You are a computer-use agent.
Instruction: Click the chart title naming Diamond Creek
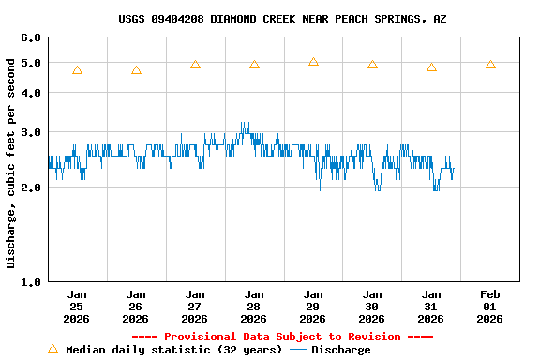(x=282, y=19)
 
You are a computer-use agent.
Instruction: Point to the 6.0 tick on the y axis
(x=31, y=38)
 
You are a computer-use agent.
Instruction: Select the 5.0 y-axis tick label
(x=31, y=64)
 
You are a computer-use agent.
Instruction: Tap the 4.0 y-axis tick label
(x=31, y=93)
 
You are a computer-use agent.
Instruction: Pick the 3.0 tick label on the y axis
(x=31, y=132)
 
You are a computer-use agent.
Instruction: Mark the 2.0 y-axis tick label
(x=31, y=187)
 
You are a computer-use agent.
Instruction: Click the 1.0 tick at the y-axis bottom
(x=31, y=281)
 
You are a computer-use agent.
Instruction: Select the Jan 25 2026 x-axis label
(x=77, y=306)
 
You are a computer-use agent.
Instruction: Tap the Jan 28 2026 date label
(x=254, y=306)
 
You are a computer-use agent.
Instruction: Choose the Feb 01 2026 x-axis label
(x=490, y=306)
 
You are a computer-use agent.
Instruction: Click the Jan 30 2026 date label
(x=372, y=306)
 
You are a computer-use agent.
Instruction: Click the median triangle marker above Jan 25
(x=77, y=70)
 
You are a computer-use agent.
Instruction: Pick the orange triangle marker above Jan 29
(x=313, y=62)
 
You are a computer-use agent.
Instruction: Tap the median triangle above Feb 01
(x=490, y=65)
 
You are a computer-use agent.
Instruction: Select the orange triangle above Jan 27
(x=195, y=65)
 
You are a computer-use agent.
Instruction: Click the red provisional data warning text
(x=282, y=337)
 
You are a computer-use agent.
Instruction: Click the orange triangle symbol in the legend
(x=52, y=349)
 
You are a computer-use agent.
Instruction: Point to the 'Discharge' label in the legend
(x=340, y=350)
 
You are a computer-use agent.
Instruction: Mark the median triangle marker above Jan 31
(x=431, y=67)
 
